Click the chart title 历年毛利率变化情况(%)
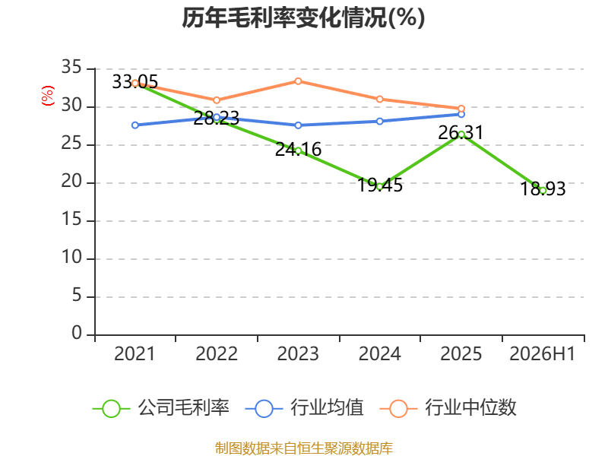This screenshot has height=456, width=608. pos(303,17)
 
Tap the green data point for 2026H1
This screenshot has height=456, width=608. pos(543,191)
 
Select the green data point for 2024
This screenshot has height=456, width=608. pos(379,186)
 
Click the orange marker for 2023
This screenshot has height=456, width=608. pos(298,81)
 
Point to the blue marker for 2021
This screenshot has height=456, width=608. pos(135,125)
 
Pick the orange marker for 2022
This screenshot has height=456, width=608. pos(217,100)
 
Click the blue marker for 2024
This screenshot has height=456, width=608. pos(379,122)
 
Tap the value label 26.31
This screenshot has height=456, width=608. pos(461,132)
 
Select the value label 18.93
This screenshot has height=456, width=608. pos(543,188)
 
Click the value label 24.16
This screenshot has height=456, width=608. pos(298,149)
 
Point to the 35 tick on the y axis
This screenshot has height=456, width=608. pos(71,68)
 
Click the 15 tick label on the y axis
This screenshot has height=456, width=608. pos(71,220)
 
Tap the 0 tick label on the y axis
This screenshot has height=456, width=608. pos(77,333)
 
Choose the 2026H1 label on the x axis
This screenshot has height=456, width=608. pos(542,353)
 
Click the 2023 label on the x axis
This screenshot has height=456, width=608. pos(298,353)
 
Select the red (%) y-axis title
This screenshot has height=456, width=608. pos(48,96)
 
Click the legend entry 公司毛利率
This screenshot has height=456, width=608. pos(161,408)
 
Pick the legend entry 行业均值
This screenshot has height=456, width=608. pos(305,408)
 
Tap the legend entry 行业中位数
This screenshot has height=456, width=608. pos(448,408)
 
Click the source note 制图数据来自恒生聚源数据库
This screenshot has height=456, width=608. pos(303,448)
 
